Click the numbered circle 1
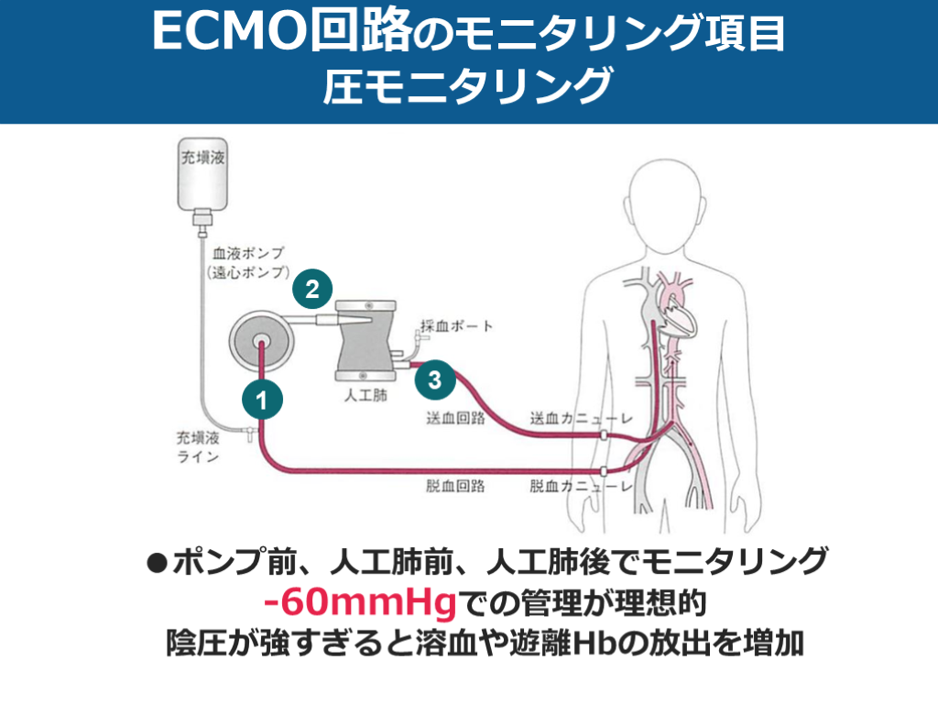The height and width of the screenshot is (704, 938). pyautogui.click(x=262, y=400)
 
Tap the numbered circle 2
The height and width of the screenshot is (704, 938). pyautogui.click(x=312, y=290)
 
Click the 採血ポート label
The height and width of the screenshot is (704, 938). pyautogui.click(x=457, y=325)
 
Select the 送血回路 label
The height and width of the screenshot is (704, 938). pyautogui.click(x=455, y=418)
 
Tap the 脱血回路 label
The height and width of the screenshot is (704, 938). pyautogui.click(x=455, y=486)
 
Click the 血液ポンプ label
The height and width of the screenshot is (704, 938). pyautogui.click(x=249, y=252)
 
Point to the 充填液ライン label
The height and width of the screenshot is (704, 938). pyautogui.click(x=198, y=447)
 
